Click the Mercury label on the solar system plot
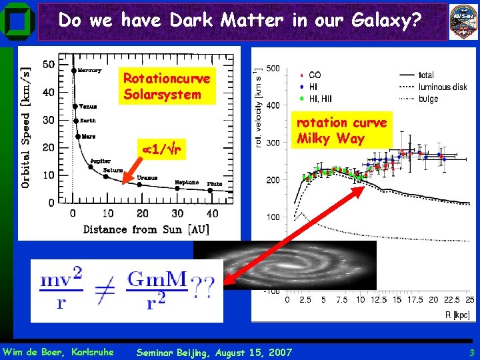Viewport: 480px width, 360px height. pos(89,70)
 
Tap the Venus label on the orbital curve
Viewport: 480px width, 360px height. pos(88,106)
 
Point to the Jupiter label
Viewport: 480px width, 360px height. pos(101,161)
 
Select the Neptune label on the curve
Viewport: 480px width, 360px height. pos(187,182)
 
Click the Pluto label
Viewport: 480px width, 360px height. pos(215,183)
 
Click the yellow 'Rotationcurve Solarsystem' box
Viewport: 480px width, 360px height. pos(166,87)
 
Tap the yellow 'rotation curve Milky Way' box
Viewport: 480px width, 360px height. pos(341,131)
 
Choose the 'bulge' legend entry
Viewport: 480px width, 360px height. pos(428,99)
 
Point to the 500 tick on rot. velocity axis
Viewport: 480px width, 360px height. pos(273,69)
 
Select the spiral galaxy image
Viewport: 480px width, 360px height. pos(285,264)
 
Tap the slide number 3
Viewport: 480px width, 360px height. pos(471,352)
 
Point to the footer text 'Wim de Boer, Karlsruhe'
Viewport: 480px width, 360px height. pos(58,352)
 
